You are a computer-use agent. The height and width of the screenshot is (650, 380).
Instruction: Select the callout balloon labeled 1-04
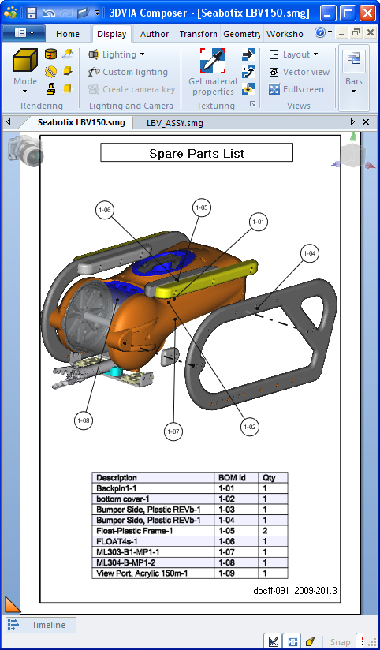pos(310,253)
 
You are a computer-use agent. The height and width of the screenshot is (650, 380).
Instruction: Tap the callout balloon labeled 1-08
pos(84,420)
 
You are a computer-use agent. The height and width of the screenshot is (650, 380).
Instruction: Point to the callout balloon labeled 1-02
pos(250,427)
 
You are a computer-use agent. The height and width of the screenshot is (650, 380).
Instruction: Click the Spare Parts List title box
pos(196,153)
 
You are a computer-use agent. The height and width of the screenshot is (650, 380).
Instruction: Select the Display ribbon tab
pos(111,34)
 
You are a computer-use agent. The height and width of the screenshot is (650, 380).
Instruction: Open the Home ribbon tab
pos(68,34)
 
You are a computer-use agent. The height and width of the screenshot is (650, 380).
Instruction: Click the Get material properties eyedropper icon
pos(213,61)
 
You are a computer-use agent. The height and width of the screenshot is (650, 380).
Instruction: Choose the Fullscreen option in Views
pos(296,89)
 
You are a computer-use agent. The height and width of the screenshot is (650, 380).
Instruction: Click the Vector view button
pos(300,72)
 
